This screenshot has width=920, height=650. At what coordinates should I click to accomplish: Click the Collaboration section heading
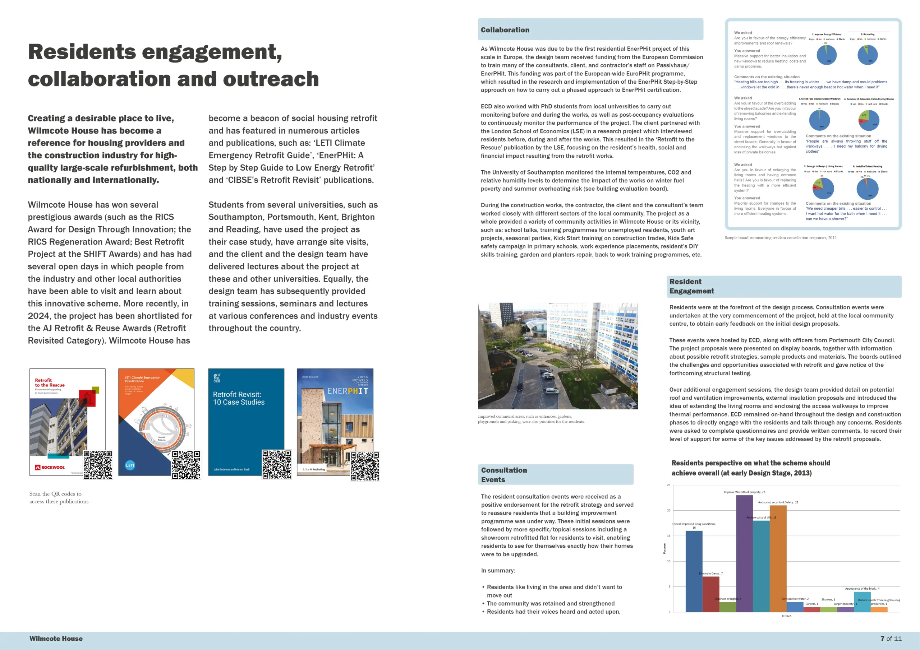[505, 30]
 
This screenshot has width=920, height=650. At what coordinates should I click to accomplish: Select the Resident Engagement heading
[691, 286]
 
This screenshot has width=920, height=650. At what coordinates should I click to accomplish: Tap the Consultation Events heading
[504, 475]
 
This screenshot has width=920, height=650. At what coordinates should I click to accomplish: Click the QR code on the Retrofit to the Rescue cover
[98, 465]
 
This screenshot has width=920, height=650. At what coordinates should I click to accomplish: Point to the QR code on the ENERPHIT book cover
[365, 466]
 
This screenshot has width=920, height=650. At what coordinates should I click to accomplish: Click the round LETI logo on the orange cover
[130, 465]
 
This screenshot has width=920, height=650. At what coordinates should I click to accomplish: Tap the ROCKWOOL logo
[50, 467]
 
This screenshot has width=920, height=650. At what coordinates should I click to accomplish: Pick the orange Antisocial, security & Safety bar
[778, 559]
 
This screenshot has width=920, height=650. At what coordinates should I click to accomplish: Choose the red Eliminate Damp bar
[710, 594]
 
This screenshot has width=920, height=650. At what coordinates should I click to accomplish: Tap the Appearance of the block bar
[862, 602]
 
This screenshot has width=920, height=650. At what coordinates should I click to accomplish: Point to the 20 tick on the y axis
[668, 510]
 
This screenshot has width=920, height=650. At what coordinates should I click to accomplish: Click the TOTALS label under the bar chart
[786, 616]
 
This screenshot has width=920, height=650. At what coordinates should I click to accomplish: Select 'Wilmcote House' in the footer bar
[56, 639]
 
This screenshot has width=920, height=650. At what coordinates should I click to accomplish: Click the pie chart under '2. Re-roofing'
[868, 55]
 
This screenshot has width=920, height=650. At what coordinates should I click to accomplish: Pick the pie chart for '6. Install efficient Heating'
[867, 189]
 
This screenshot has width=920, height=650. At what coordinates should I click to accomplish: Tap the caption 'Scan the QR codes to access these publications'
[59, 497]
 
